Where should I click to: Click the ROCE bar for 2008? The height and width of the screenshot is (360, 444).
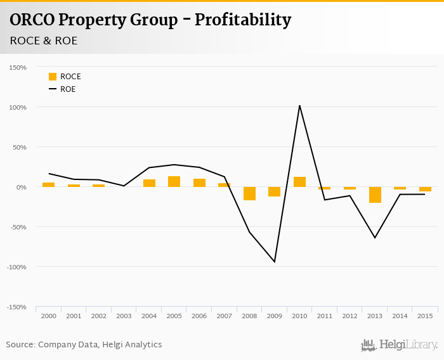click(x=249, y=193)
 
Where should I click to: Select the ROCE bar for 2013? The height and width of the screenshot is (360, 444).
click(x=375, y=195)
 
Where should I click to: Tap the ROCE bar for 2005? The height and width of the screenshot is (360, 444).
click(x=174, y=181)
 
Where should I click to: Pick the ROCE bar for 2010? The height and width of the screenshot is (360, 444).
click(x=299, y=182)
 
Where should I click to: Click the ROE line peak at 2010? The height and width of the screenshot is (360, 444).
click(x=299, y=105)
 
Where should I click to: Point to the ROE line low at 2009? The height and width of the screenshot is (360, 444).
click(x=275, y=262)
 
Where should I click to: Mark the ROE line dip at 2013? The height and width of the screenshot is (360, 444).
click(x=375, y=238)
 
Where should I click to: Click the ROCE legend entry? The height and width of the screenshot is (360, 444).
click(x=65, y=77)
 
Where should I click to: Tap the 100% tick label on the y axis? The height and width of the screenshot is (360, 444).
click(x=17, y=107)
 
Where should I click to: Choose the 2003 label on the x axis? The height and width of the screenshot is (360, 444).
click(x=124, y=316)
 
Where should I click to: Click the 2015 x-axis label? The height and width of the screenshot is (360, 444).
click(x=425, y=316)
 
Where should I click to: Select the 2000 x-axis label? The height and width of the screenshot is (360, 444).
click(x=48, y=316)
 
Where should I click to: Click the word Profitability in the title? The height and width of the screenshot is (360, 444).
click(x=243, y=20)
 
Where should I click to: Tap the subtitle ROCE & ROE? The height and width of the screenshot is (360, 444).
click(x=44, y=41)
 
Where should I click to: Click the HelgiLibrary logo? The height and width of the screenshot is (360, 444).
click(x=399, y=345)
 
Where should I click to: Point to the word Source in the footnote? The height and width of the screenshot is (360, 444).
click(x=20, y=345)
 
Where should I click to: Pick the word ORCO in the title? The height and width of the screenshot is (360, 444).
click(x=31, y=20)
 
